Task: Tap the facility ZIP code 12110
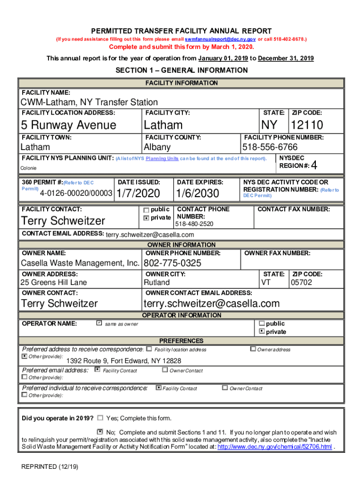coord(307,125)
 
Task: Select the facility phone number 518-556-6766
coord(270,147)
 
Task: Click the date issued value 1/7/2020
coord(138,193)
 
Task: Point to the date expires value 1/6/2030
coord(198,193)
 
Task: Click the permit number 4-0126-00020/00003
coord(76,193)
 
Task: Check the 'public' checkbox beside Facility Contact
coord(146,210)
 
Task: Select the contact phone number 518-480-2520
coord(194,224)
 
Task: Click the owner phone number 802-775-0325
coord(172,263)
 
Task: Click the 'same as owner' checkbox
coord(99,324)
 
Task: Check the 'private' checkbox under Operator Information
coord(262,332)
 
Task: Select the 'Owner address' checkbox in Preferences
coord(253,349)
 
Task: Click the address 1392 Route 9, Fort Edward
coord(120,361)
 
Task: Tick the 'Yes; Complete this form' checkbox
coord(100,418)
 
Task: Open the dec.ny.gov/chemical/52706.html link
coord(274,447)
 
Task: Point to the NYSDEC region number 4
coord(314,166)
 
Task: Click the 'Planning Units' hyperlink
coord(162,159)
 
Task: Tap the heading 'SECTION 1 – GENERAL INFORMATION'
coord(181,70)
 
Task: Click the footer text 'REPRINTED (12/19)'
coord(49,467)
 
